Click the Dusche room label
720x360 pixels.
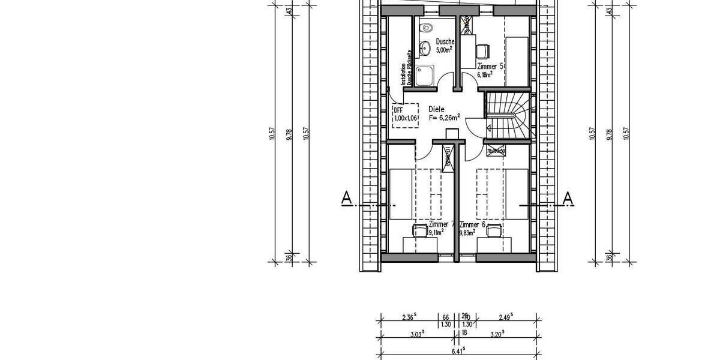[445, 41]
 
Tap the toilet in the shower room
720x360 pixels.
[426, 28]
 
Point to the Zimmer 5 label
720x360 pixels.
[490, 66]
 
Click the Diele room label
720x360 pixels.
[437, 110]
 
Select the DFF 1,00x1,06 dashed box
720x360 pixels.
[404, 114]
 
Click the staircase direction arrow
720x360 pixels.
[491, 127]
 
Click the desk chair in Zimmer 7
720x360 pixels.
[418, 229]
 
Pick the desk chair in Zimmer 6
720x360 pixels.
[494, 229]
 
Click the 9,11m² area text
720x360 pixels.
[436, 232]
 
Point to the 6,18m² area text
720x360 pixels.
[485, 75]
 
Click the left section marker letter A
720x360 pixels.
[346, 197]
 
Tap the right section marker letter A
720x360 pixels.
[569, 197]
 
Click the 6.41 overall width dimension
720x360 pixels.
[458, 349]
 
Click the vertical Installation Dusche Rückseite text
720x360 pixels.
[403, 67]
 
